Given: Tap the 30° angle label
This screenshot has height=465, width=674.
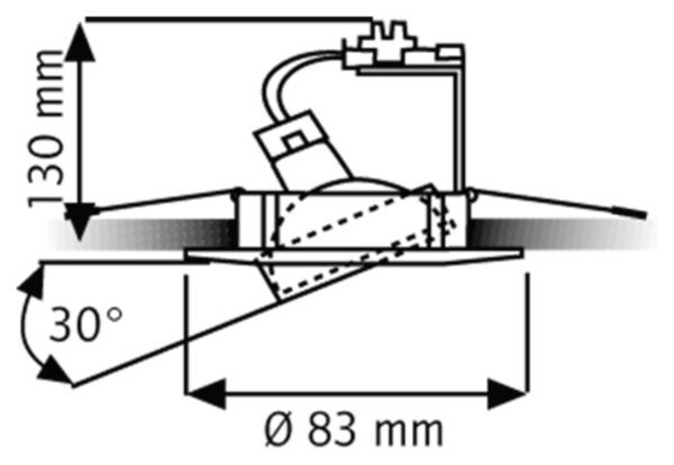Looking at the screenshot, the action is tap(85, 324).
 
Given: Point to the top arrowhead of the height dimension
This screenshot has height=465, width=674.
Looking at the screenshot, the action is tap(80, 42).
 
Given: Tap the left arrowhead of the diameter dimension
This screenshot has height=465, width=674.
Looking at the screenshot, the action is tap(206, 393).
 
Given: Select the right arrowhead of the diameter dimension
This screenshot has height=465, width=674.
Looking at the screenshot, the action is tap(506, 393).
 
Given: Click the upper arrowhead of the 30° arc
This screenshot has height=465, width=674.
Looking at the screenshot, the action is tap(32, 282).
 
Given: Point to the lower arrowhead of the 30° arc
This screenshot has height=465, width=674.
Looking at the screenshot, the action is tap(54, 371).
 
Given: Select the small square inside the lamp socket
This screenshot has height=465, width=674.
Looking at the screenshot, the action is tap(295, 141).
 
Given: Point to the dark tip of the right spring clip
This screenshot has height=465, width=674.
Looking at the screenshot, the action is tap(630, 213).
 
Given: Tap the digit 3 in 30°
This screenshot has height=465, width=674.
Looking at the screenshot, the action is tap(63, 324).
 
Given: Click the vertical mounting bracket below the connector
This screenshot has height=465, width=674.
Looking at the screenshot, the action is tap(459, 129).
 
